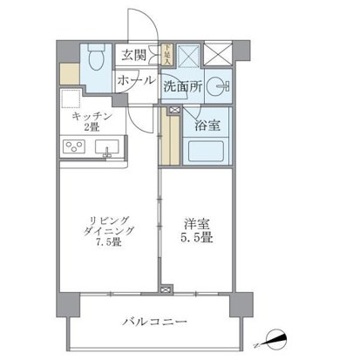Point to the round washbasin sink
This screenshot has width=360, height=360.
coord(222,86)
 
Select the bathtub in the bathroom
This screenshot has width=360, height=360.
coord(207,145)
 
